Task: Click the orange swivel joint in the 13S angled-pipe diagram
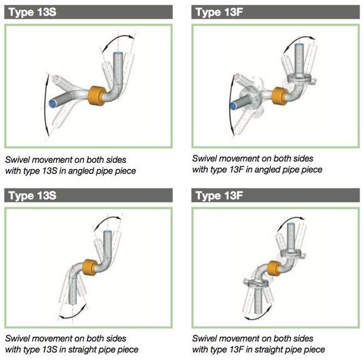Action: (x=97, y=96)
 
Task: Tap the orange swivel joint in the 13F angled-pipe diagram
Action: (x=279, y=96)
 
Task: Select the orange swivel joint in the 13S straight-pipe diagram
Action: (x=90, y=267)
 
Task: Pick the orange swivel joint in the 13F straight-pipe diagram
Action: (x=274, y=269)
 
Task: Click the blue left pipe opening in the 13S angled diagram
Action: (x=53, y=104)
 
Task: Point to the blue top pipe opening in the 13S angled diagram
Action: (x=118, y=54)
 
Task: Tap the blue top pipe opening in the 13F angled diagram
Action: (x=299, y=44)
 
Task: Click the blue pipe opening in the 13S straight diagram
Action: (x=107, y=232)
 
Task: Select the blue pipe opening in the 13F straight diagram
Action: (x=291, y=224)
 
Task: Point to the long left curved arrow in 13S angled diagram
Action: (x=44, y=105)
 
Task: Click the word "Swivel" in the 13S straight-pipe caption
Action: (x=16, y=339)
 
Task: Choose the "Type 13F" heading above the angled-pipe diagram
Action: (x=219, y=12)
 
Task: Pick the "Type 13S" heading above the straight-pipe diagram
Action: (x=33, y=195)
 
